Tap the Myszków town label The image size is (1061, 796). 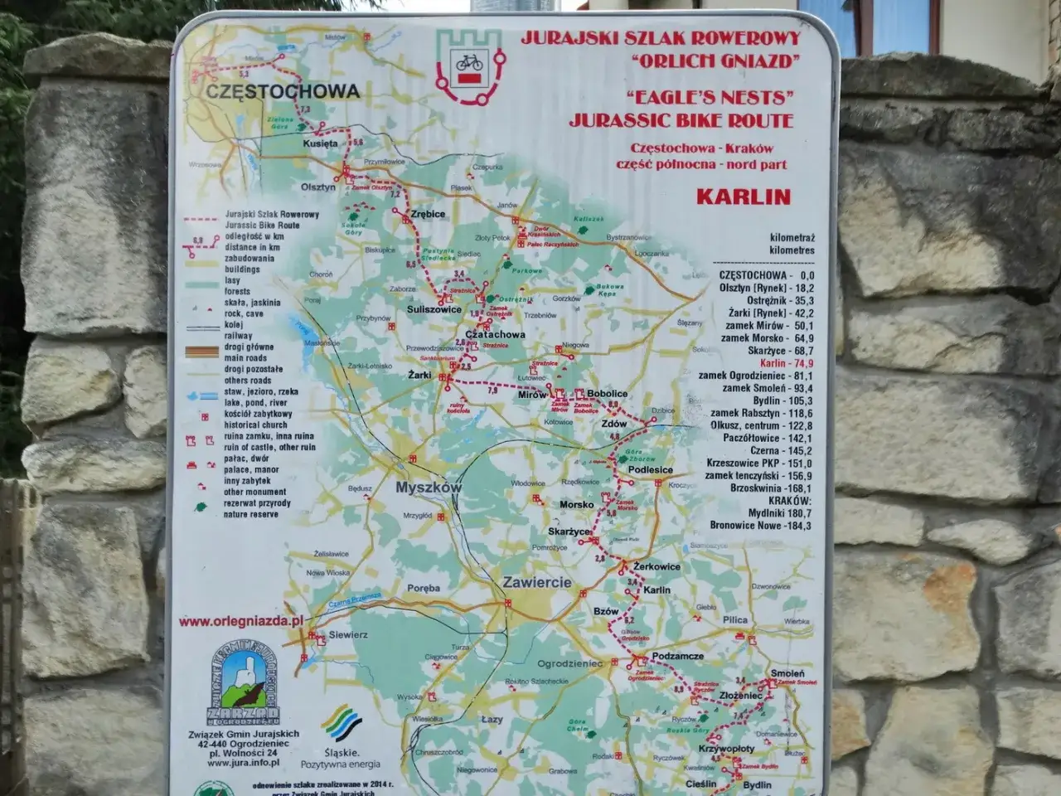click(x=428, y=488)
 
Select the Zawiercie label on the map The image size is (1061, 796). click(x=536, y=582)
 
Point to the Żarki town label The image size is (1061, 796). click(x=419, y=375)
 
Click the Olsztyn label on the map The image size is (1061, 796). click(x=318, y=187)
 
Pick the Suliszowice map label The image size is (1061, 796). click(x=434, y=309)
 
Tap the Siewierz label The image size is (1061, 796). click(x=348, y=634)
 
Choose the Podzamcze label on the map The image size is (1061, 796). click(x=677, y=656)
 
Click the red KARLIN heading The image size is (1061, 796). click(x=743, y=197)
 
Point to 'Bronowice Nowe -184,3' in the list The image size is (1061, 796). click(x=760, y=526)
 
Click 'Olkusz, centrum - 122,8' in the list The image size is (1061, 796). click(x=760, y=425)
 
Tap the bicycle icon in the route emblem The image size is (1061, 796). click(x=470, y=61)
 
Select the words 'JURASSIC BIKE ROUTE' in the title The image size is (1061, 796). click(x=681, y=119)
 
